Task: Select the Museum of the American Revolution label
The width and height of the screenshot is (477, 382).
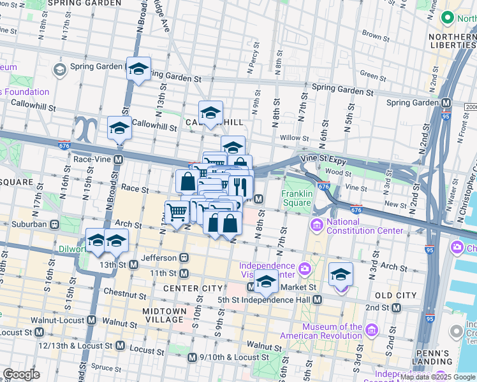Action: (x=332, y=332)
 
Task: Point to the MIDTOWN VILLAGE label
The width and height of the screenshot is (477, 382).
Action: (x=165, y=315)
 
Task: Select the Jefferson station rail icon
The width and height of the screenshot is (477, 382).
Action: (x=184, y=258)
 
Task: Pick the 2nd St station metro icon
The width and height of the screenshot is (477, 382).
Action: (x=396, y=308)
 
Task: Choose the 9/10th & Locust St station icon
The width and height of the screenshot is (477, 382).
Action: (x=192, y=359)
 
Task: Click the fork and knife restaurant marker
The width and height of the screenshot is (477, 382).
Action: (x=240, y=186)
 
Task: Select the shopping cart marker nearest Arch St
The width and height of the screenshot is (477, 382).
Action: (x=177, y=212)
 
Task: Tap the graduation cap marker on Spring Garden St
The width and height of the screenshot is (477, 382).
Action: (x=138, y=69)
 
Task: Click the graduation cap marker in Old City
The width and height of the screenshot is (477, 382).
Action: (x=341, y=274)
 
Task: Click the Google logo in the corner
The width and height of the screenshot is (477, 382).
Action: (x=21, y=374)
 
